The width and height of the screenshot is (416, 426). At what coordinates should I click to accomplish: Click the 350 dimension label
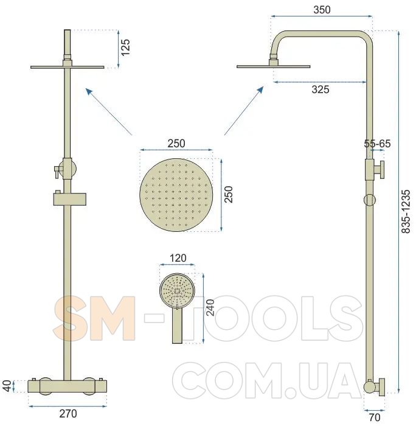tap(322, 10)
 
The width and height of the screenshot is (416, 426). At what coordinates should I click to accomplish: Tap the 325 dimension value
tap(321, 89)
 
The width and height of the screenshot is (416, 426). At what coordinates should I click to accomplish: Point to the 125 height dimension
tap(125, 47)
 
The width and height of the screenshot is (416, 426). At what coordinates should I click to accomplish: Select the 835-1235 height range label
tap(406, 211)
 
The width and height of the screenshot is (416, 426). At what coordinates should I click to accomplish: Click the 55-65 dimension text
tap(377, 144)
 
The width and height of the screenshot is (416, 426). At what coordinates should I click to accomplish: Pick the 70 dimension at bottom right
tap(375, 417)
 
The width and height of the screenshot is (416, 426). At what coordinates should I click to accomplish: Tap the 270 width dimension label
tap(68, 413)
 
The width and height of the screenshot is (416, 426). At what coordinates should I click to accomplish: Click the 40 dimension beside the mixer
tap(8, 386)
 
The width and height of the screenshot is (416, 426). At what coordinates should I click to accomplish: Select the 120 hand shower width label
tap(178, 258)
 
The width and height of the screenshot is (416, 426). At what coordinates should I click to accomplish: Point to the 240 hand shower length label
tap(210, 307)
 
